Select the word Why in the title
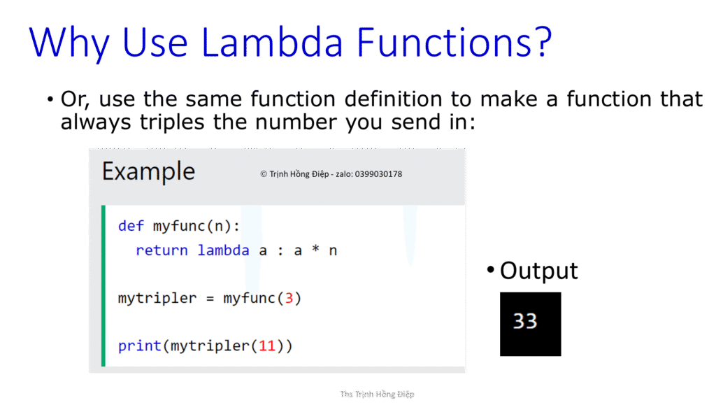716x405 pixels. click(x=69, y=44)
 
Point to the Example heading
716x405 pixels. click(x=148, y=171)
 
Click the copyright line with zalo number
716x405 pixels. click(x=331, y=174)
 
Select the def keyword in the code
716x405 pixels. click(x=131, y=226)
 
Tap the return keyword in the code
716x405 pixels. click(x=162, y=250)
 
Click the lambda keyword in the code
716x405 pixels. click(x=223, y=250)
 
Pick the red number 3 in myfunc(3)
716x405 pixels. click(x=288, y=299)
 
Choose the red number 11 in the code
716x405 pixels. click(x=266, y=346)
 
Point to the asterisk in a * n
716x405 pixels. click(x=315, y=250)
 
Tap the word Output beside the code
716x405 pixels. click(x=539, y=271)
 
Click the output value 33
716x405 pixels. click(x=525, y=321)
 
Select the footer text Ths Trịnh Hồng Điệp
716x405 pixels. click(x=377, y=395)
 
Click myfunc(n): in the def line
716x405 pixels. click(x=196, y=226)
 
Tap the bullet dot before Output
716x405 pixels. click(x=491, y=270)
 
